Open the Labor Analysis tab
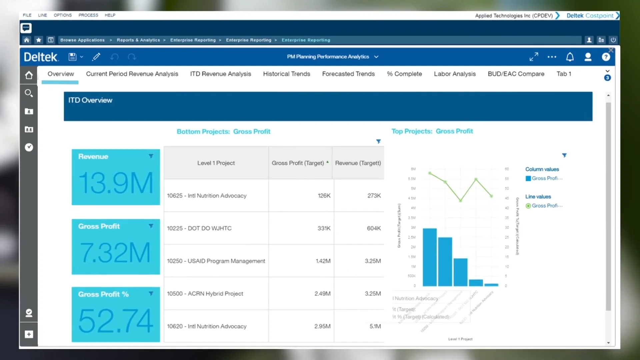tap(454, 74)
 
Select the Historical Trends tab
tap(286, 74)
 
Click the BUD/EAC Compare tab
tap(516, 74)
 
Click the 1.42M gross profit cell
tap(323, 261)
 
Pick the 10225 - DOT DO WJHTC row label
tap(199, 228)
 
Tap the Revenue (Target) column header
tap(358, 163)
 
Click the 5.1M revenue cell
tap(375, 326)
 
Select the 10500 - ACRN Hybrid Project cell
tap(205, 294)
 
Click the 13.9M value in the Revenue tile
tap(116, 183)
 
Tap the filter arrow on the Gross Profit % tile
tap(151, 294)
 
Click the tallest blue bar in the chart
tap(429, 257)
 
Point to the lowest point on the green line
tap(460, 201)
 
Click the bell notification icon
tap(570, 57)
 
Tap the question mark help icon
tap(606, 57)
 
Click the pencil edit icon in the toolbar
tap(96, 57)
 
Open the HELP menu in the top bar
tap(110, 15)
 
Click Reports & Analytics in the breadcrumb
tap(138, 40)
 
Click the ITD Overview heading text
tap(90, 100)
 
